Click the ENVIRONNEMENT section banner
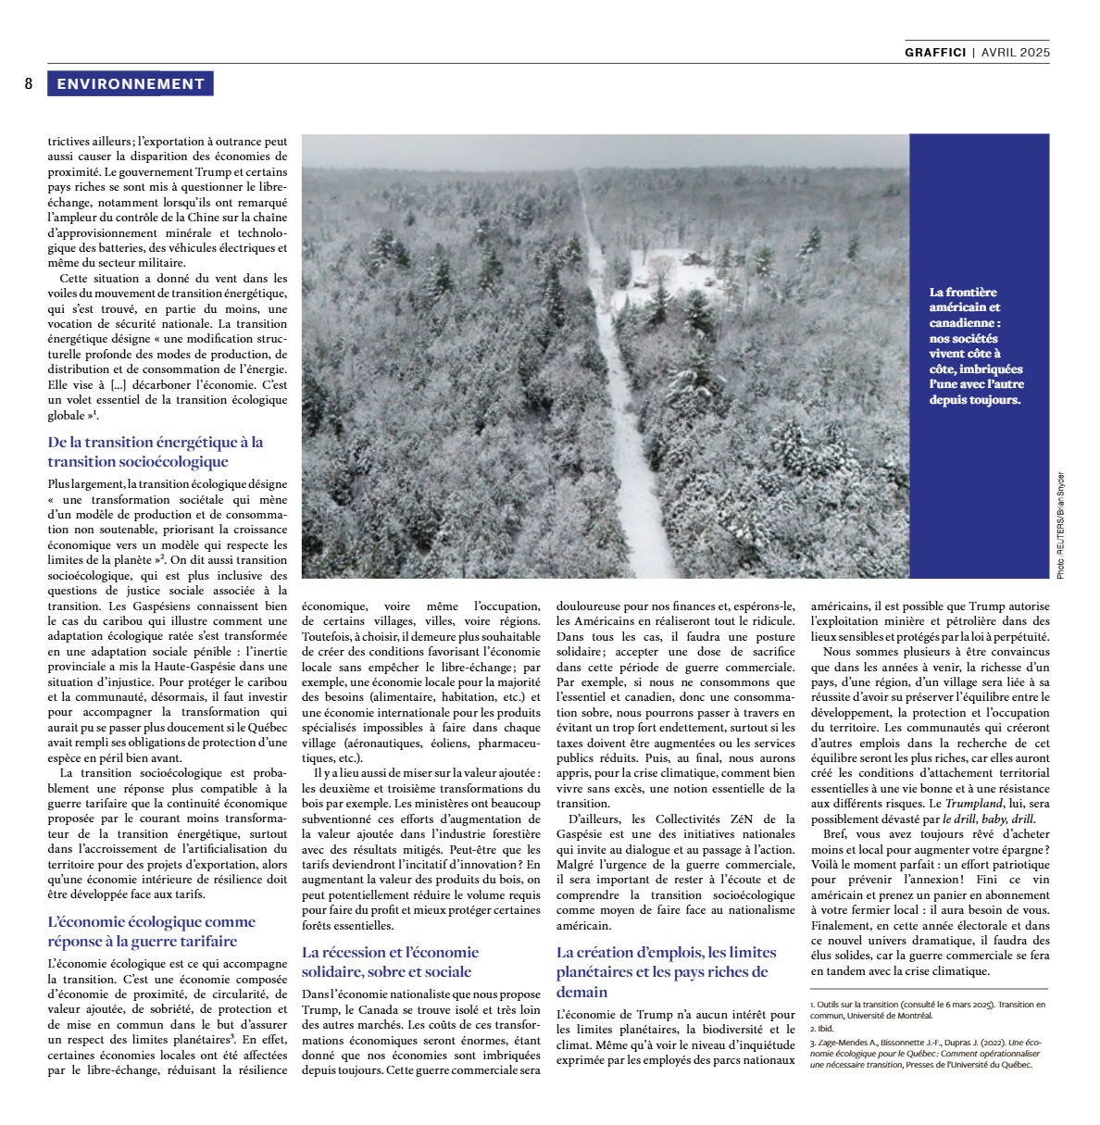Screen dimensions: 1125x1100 click(x=131, y=84)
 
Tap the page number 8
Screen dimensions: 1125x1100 click(x=29, y=84)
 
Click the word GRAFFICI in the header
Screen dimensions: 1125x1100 click(x=935, y=53)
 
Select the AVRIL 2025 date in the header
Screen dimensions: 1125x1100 click(x=1016, y=53)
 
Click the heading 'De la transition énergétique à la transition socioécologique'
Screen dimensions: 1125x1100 click(x=156, y=452)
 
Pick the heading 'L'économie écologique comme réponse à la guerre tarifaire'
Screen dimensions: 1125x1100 click(x=152, y=931)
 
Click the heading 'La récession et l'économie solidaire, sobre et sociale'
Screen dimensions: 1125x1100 click(x=391, y=962)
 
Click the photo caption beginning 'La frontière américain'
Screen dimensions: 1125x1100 click(x=977, y=345)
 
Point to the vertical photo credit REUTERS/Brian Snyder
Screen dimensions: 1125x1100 click(x=1060, y=525)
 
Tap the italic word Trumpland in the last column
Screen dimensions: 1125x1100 click(x=976, y=804)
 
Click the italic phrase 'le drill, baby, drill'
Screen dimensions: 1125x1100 click(x=989, y=819)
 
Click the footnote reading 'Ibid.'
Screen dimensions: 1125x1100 click(x=821, y=1029)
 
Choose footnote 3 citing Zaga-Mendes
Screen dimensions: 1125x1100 click(x=926, y=1053)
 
